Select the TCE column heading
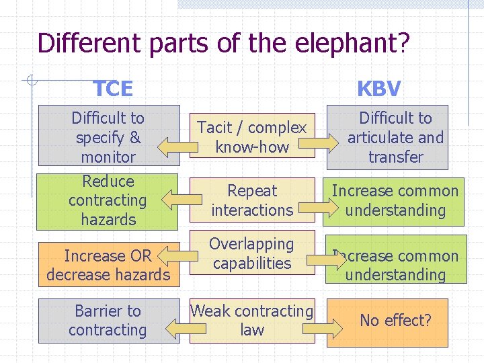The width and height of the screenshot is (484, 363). (112, 88)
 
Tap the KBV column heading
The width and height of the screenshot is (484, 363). (378, 88)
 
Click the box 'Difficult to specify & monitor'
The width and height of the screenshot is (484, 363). (109, 136)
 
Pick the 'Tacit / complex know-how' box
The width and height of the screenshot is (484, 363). (252, 136)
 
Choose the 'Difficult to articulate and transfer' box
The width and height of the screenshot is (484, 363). (395, 138)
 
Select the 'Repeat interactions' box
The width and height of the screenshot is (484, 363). (252, 200)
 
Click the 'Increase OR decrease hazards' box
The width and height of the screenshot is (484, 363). (108, 265)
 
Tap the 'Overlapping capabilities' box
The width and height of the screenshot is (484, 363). (252, 253)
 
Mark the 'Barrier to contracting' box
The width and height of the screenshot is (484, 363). (108, 321)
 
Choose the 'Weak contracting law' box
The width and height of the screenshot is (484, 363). (252, 321)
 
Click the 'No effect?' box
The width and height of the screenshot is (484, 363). (395, 321)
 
